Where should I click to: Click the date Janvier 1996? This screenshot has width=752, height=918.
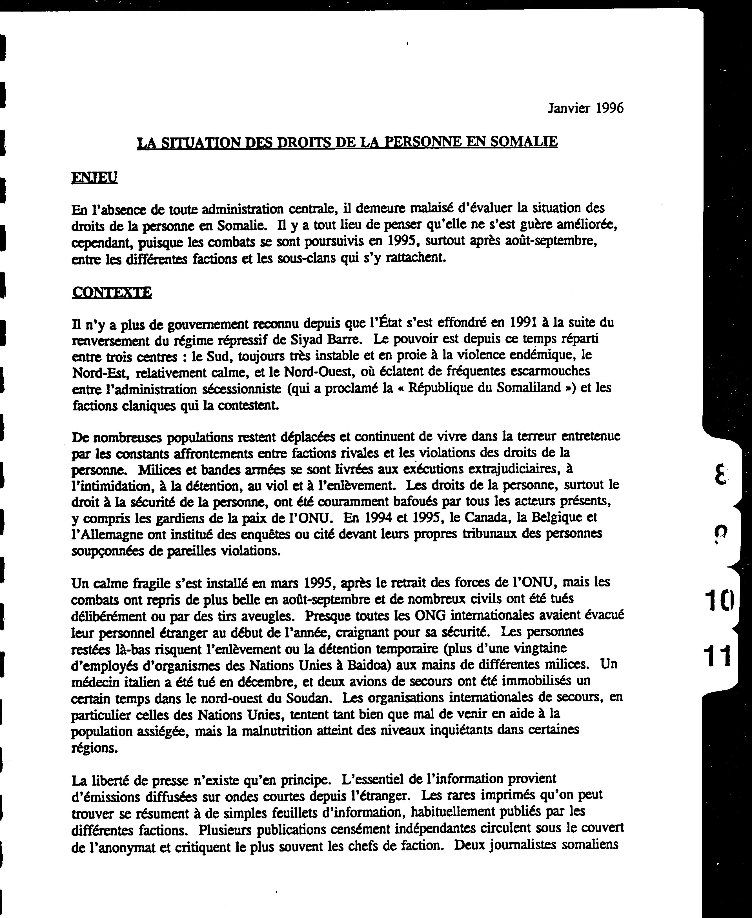tap(586, 108)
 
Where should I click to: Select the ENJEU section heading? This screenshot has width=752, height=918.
tap(94, 177)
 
